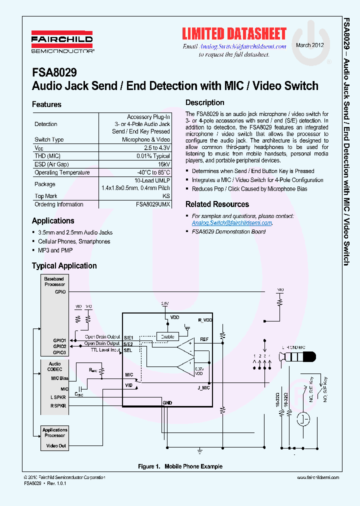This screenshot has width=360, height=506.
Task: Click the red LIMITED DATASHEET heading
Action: (234, 34)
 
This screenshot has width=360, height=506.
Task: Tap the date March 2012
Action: (310, 45)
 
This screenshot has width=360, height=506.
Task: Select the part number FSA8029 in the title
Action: (54, 72)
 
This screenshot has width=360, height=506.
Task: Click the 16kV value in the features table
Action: (164, 164)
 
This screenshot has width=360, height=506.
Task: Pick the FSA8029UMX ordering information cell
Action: (153, 204)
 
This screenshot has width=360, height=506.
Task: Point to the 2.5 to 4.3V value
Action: (157, 148)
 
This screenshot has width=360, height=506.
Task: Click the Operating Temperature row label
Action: (62, 172)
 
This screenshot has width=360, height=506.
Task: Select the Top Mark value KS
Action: (166, 196)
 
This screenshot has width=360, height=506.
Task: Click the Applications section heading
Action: (53, 220)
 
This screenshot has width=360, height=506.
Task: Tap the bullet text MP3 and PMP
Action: (55, 250)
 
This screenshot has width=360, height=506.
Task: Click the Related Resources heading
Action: (217, 204)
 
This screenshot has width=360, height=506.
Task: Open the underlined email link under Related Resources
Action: (231, 223)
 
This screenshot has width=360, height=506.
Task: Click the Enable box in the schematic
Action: (167, 336)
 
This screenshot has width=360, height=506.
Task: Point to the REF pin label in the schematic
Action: (204, 339)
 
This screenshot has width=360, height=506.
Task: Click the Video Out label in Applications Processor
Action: (55, 445)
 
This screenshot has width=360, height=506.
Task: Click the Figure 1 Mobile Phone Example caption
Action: (180, 466)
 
